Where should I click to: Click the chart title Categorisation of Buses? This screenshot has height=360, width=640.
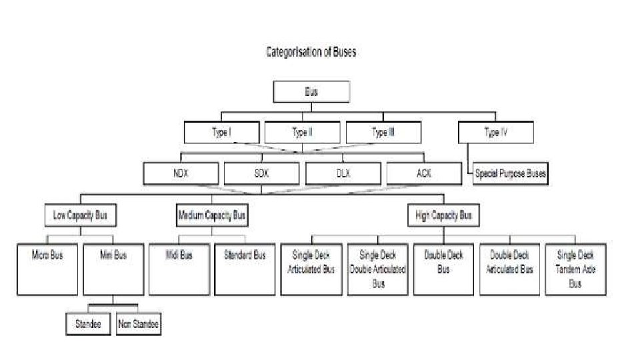[311, 53]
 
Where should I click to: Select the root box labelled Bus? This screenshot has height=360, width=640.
[311, 92]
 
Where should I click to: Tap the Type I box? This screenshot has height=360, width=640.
[221, 133]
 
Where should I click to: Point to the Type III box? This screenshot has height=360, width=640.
[383, 133]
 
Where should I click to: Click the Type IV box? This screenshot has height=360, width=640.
[496, 133]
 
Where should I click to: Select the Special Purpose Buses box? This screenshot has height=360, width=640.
[511, 175]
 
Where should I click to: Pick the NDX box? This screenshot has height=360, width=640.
[181, 173]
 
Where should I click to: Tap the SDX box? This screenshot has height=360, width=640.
[261, 173]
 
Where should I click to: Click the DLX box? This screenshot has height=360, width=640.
[343, 173]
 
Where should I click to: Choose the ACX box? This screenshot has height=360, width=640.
[423, 173]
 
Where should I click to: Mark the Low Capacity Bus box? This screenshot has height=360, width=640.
[80, 215]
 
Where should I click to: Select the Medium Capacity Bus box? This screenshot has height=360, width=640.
[211, 215]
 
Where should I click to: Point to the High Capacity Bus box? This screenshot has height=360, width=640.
[443, 215]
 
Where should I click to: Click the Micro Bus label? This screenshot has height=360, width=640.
[47, 255]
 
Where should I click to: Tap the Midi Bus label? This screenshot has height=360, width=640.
[179, 255]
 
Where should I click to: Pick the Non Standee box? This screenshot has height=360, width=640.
[139, 324]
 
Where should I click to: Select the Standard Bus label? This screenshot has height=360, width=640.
[245, 255]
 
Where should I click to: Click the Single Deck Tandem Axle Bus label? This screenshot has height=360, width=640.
[575, 269]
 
